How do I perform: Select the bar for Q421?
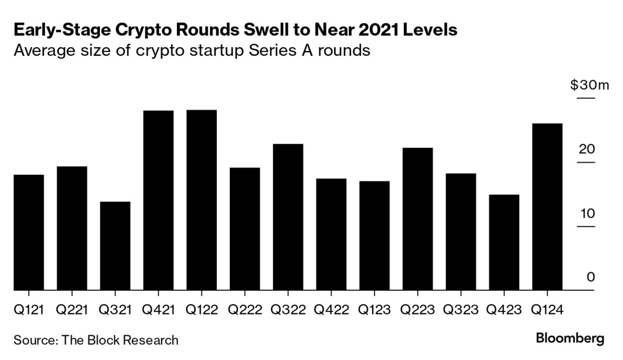coord(159,200)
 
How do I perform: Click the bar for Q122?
coord(202,200)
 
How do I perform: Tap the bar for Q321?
coord(115,246)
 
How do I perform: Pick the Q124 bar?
coord(547,207)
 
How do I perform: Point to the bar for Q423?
coord(504,243)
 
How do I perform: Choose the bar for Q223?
coord(418,219)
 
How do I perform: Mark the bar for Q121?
coord(29,232)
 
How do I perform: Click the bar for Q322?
coord(288,217)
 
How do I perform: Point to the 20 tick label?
coord(587,149)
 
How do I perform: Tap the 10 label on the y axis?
coord(587,213)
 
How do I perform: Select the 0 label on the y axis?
coord(591,278)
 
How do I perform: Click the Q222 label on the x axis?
coord(245,310)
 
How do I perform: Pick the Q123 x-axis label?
coord(374,310)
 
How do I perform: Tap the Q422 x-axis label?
coord(331,310)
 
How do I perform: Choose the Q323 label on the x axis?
coord(461,310)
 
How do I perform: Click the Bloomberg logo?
coord(570,339)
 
